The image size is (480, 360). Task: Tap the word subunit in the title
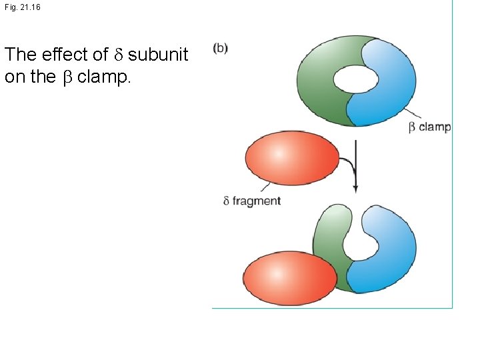(158, 55)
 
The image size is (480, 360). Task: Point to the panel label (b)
(220, 49)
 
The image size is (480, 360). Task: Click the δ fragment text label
(252, 201)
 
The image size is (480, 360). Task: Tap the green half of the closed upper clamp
(320, 93)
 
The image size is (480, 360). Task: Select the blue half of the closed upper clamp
(393, 87)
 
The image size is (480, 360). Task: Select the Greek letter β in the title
(66, 77)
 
